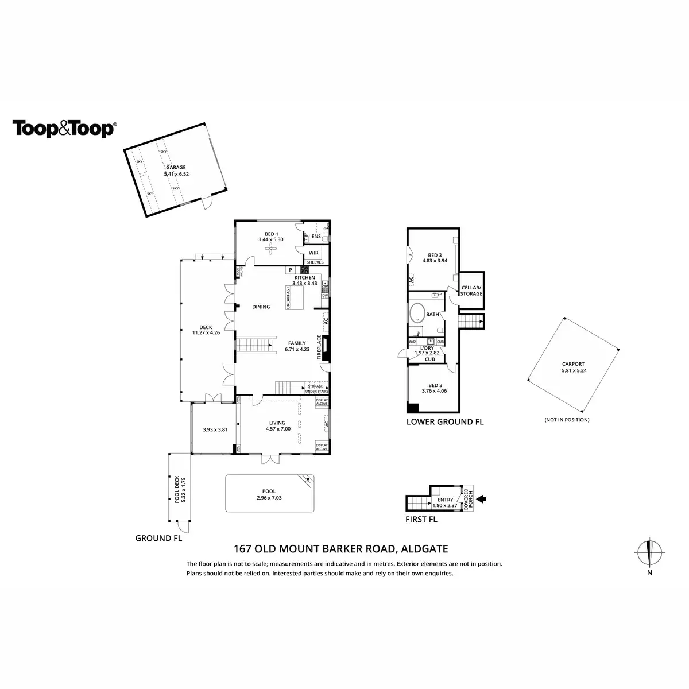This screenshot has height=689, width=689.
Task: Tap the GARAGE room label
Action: [x=176, y=168]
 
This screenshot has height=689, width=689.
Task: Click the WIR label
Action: [x=313, y=253]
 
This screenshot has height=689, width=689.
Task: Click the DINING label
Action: [x=261, y=307]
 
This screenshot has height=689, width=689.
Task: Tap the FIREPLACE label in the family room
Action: [x=319, y=347]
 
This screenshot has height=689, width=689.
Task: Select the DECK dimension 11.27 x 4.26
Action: [x=206, y=332]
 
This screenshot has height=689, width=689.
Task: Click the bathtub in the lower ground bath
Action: [x=417, y=315]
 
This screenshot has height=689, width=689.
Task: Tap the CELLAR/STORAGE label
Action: [x=472, y=291]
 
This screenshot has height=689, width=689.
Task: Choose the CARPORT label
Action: [x=573, y=364]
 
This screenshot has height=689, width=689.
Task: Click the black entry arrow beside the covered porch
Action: [x=482, y=499]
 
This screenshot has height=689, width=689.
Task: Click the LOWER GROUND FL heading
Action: [x=445, y=422]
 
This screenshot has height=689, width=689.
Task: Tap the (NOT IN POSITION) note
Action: [x=567, y=420]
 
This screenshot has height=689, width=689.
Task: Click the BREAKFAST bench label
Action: [x=288, y=298]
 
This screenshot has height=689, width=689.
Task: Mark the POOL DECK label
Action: [x=177, y=487]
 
